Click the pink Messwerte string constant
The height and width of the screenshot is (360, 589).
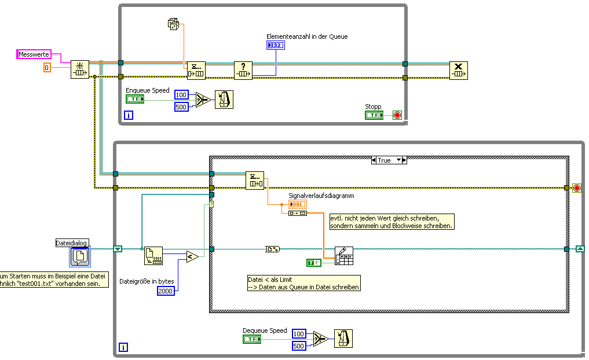pyautogui.click(x=34, y=54)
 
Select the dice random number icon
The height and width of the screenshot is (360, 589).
pyautogui.click(x=173, y=24)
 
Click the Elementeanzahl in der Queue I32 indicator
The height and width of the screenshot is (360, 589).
pyautogui.click(x=275, y=45)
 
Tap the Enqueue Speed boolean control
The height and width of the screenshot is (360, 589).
pyautogui.click(x=134, y=99)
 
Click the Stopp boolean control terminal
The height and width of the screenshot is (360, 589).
pyautogui.click(x=374, y=115)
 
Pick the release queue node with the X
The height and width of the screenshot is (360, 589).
pyautogui.click(x=459, y=71)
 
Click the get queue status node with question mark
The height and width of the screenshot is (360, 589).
pyautogui.click(x=243, y=71)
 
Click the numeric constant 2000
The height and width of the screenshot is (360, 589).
pyautogui.click(x=166, y=291)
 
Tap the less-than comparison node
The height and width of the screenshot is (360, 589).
pyautogui.click(x=192, y=256)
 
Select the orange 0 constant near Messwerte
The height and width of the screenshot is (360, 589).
pyautogui.click(x=47, y=68)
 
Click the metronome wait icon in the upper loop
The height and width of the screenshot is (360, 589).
pyautogui.click(x=224, y=100)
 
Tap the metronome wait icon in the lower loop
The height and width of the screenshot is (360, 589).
pyautogui.click(x=343, y=339)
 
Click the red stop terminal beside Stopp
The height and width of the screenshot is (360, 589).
pyautogui.click(x=397, y=115)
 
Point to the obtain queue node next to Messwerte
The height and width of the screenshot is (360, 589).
pyautogui.click(x=80, y=69)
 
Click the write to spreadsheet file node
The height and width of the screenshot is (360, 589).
pyautogui.click(x=344, y=256)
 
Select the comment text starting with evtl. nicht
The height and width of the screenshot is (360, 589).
pyautogui.click(x=392, y=222)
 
